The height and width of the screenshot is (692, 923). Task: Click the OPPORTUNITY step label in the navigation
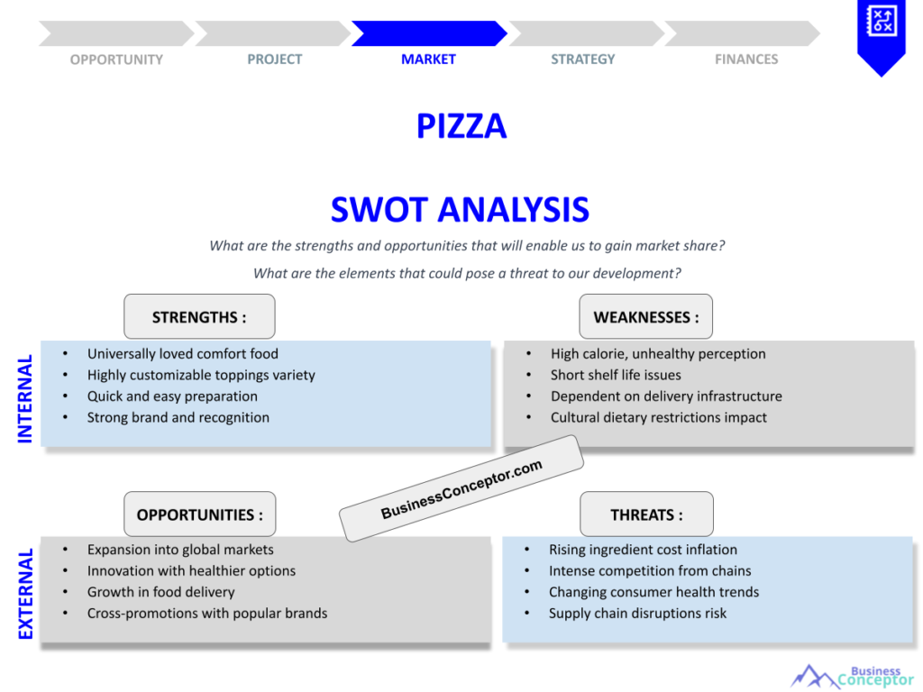tap(116, 59)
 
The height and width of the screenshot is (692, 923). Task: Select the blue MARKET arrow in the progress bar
tap(428, 33)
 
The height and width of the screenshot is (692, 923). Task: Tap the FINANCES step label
tap(746, 59)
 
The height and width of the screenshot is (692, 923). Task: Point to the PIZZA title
tap(461, 126)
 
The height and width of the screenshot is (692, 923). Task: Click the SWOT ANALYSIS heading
tap(460, 210)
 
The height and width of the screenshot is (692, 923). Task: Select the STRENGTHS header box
tap(199, 317)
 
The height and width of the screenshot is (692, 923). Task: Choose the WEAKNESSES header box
tap(645, 317)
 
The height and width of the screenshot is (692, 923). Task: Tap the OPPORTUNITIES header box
tap(199, 514)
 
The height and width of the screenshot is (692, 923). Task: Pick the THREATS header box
tap(646, 514)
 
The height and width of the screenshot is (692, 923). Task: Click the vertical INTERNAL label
tap(25, 398)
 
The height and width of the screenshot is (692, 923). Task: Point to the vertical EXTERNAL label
tap(25, 594)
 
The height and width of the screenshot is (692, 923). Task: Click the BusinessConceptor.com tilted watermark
tap(461, 489)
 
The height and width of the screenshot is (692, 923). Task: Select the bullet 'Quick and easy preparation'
tap(172, 396)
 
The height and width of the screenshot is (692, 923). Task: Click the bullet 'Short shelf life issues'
tap(616, 375)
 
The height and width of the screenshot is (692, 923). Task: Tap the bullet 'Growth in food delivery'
tap(160, 592)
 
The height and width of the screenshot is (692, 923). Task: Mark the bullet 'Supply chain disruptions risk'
tap(637, 614)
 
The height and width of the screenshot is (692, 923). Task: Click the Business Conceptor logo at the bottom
tap(852, 677)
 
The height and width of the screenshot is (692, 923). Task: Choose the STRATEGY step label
tap(583, 59)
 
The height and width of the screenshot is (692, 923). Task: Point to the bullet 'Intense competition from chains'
tap(649, 570)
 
